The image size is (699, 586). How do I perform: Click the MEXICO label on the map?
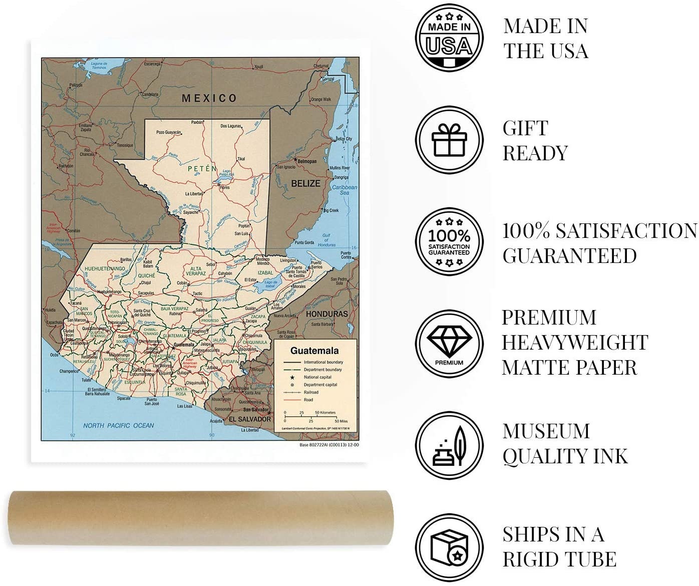coord(209,98)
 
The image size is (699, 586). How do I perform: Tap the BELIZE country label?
coord(305,184)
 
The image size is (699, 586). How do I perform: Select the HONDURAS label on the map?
coord(326,314)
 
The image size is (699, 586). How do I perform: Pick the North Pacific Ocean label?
coord(118,426)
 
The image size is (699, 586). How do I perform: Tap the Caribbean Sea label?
coord(344,190)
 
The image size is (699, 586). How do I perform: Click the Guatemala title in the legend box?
coord(314,351)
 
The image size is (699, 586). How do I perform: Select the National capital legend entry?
coord(317,377)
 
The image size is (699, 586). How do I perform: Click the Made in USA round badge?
coord(449,38)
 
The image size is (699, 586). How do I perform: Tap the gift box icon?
coord(449,140)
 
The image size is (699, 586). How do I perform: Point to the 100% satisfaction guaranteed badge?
coord(449,242)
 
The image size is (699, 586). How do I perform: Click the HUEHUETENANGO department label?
coord(105,269)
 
